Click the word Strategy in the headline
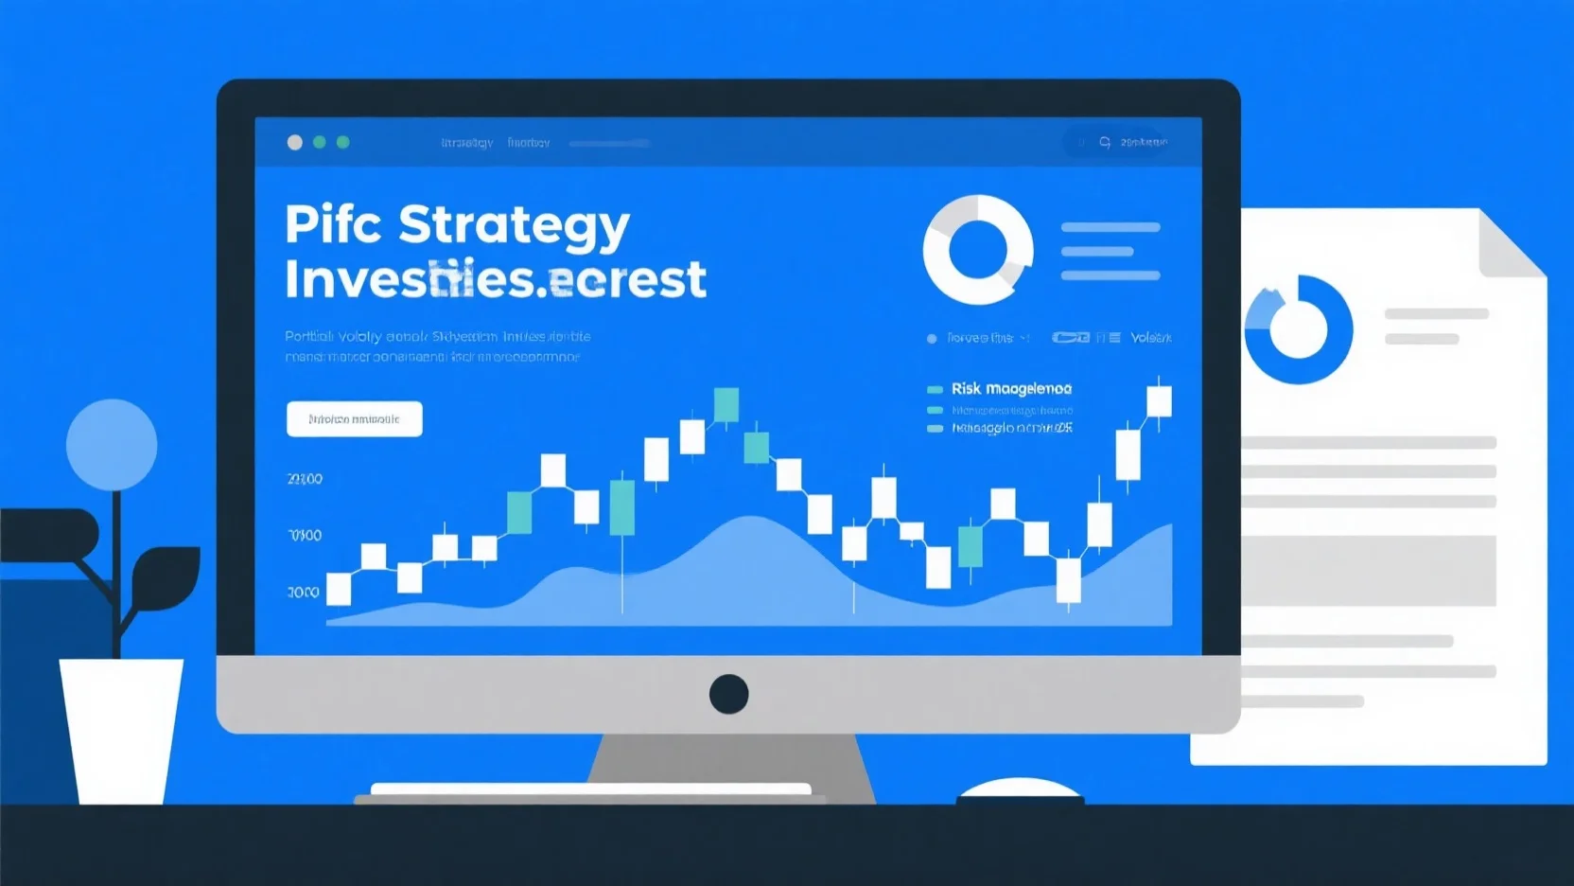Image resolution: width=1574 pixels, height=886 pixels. [x=514, y=226]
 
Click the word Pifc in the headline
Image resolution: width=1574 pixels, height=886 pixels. [x=333, y=224]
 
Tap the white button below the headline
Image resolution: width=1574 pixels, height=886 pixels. [x=354, y=418]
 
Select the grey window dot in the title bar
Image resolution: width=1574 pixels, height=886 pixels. [x=295, y=142]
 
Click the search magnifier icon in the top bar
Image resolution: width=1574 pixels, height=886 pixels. [x=1105, y=142]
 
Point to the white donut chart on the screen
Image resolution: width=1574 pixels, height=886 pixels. [x=978, y=250]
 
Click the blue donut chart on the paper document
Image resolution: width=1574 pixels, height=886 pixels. [x=1298, y=329]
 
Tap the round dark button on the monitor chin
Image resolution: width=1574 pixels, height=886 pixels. [x=728, y=694]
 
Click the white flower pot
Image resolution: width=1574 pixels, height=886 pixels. [x=121, y=729]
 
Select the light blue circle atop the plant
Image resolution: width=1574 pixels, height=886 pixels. [x=112, y=444]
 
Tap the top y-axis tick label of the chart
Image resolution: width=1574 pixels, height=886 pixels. [x=305, y=479]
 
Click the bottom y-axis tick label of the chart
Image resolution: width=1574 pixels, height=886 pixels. [x=304, y=593]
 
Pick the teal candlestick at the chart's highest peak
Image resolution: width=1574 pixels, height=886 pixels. [x=726, y=405]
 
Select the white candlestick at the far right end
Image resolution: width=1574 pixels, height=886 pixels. [x=1159, y=400]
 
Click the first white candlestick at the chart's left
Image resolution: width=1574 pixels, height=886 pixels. [x=339, y=589]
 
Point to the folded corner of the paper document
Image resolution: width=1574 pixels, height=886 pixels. [x=1512, y=244]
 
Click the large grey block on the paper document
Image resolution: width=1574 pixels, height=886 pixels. [x=1369, y=570]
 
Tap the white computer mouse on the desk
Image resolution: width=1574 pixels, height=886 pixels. [x=1020, y=789]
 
